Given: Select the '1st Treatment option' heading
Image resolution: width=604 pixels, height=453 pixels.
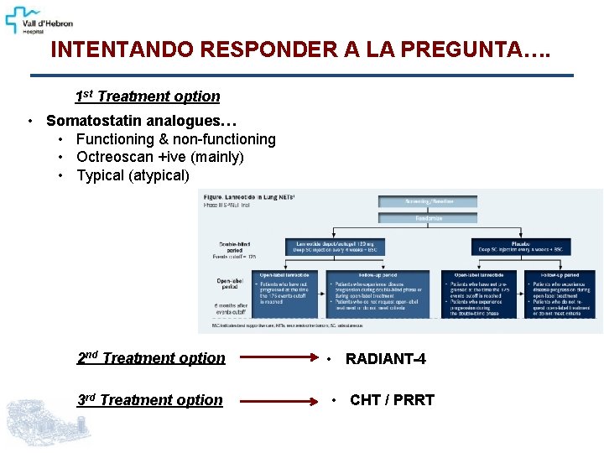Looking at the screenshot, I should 148,96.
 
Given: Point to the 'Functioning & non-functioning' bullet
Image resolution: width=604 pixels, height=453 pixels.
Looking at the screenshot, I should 175,139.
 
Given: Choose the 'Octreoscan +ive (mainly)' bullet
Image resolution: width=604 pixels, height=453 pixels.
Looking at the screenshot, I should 159,157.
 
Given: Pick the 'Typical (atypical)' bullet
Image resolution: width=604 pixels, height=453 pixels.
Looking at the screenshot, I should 133,175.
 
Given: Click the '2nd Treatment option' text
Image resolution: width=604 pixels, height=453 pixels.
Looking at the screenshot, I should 151,358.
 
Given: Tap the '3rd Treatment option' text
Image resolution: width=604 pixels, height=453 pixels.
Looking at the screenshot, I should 150,400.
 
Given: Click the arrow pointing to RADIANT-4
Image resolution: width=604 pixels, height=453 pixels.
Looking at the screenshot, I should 278,359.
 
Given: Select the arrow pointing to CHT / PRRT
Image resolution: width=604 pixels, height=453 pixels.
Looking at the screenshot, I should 278,401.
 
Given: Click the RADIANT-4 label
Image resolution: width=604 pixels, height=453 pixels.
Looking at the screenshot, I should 385,359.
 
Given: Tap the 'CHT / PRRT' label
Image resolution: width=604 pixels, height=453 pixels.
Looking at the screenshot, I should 392,400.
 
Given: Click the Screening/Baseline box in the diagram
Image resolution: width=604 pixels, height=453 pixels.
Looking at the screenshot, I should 428,201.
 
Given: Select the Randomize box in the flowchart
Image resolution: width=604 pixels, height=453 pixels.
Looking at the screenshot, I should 428,218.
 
